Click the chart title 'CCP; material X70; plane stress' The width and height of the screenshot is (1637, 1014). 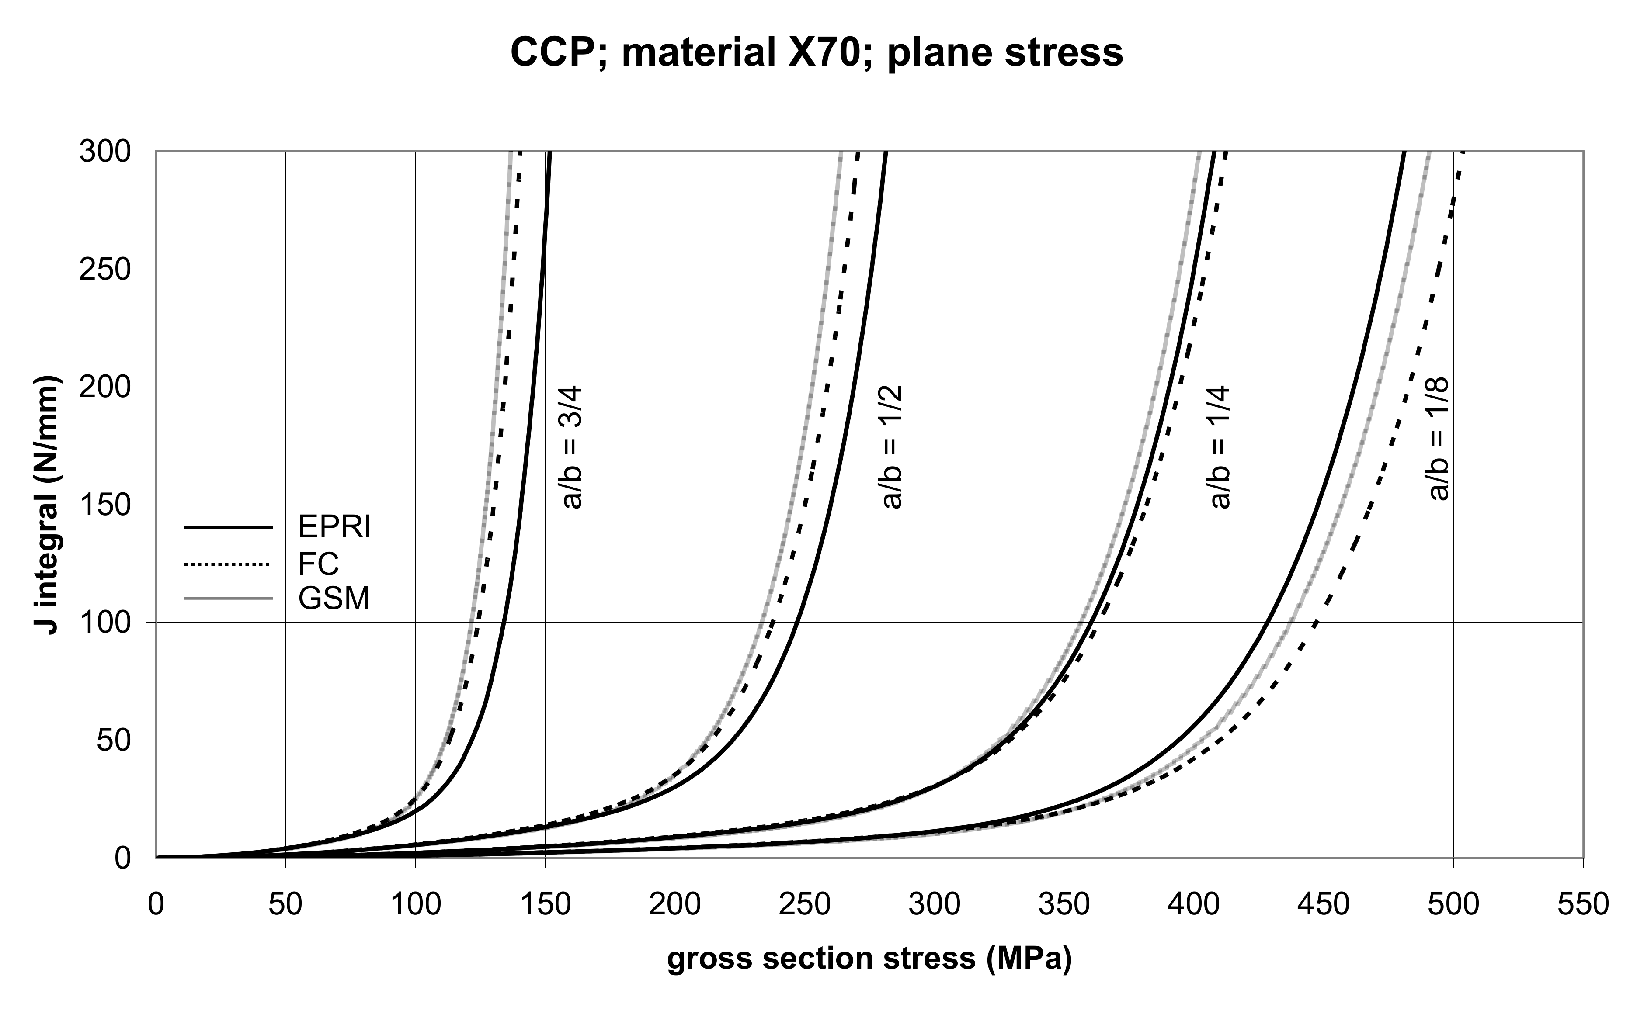[x=817, y=52]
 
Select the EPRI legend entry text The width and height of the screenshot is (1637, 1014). [x=334, y=527]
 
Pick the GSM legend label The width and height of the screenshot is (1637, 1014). [x=334, y=598]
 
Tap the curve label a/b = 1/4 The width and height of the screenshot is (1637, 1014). [x=1220, y=447]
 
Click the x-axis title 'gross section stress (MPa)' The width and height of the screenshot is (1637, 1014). [x=869, y=959]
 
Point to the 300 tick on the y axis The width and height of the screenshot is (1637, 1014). [x=104, y=152]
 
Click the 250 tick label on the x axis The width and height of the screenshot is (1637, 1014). [x=804, y=905]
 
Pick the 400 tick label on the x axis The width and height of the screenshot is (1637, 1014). [x=1193, y=905]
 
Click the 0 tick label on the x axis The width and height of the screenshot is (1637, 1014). [x=156, y=905]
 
